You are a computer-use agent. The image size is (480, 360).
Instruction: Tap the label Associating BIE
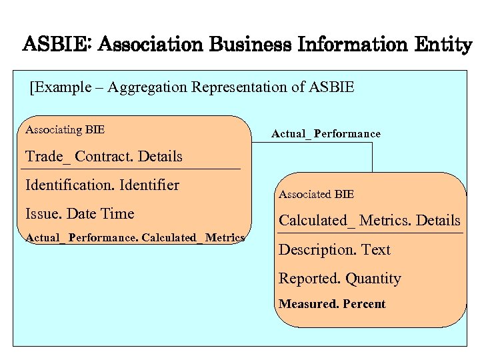(65, 129)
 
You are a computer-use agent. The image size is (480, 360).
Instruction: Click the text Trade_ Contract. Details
(103, 157)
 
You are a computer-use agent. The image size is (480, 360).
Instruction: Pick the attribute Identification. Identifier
(102, 185)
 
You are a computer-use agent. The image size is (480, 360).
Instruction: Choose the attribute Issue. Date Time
(79, 214)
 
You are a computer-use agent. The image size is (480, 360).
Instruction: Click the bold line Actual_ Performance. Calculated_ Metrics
(135, 238)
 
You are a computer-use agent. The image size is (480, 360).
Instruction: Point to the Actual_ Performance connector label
(326, 134)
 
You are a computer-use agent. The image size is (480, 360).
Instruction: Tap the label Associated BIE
(316, 195)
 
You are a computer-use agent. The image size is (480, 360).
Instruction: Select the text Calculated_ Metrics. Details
(369, 221)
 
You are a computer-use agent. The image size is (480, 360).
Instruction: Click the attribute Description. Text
(334, 250)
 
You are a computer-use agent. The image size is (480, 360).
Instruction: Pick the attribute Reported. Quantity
(339, 279)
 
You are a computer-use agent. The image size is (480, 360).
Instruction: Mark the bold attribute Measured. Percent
(332, 304)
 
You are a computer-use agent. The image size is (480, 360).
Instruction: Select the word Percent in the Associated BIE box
(364, 304)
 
